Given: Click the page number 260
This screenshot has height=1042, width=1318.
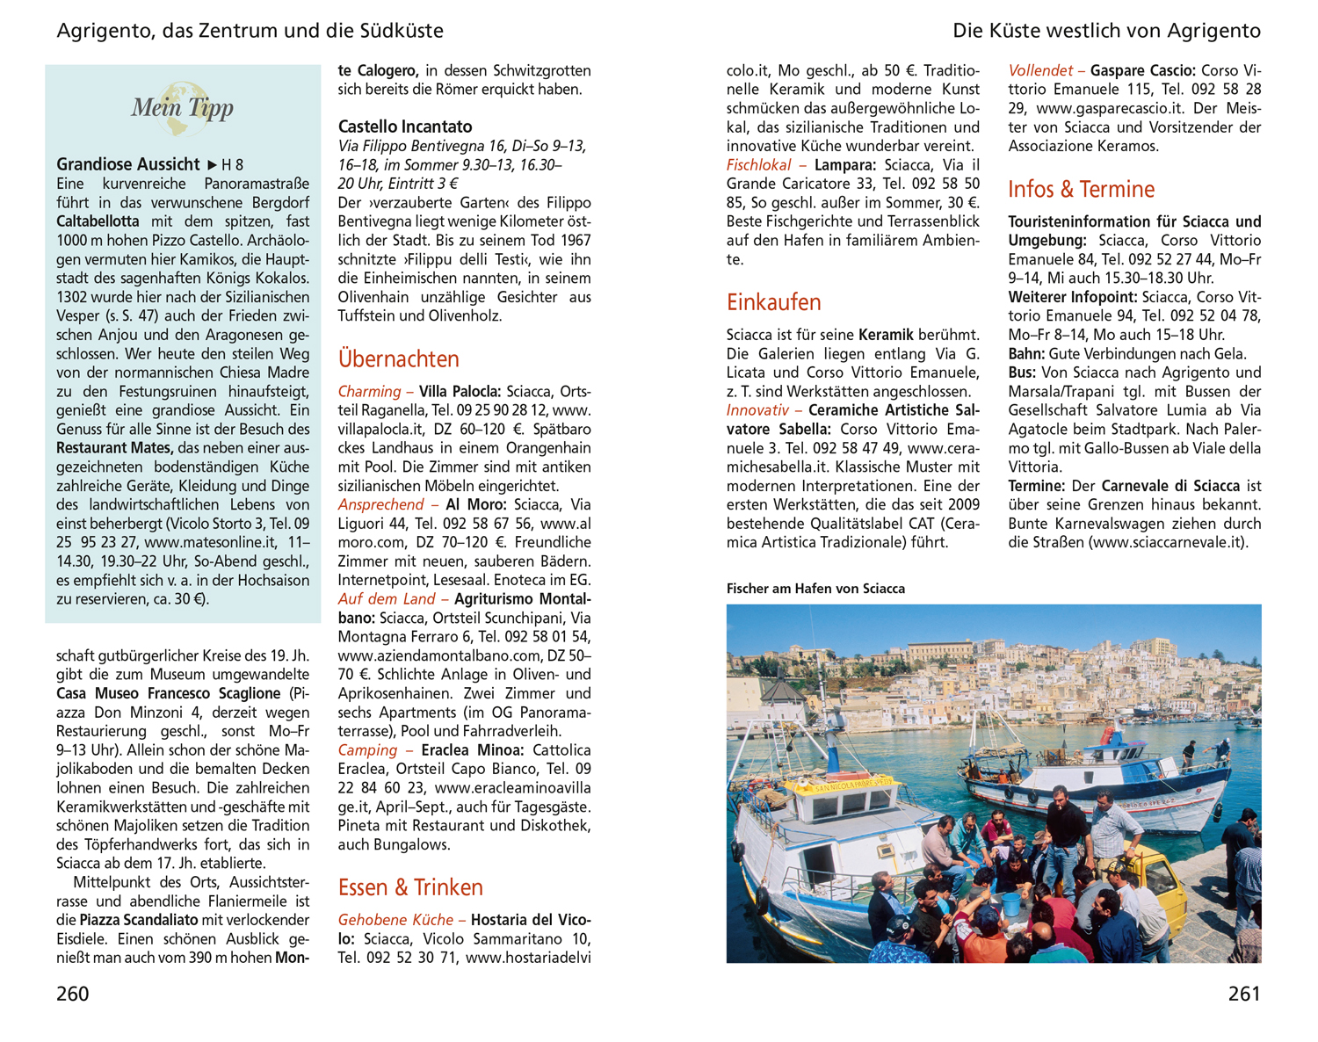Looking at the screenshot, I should pos(73,994).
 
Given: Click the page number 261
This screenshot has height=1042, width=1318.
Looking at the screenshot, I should pos(1244,994).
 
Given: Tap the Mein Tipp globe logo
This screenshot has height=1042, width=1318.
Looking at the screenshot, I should pos(182,108).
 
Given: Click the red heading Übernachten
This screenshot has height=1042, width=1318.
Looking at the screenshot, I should pos(398,358).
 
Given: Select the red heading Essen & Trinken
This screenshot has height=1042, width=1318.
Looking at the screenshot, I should pos(410,887).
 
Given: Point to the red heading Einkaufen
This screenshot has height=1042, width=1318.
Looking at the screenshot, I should pos(773,302).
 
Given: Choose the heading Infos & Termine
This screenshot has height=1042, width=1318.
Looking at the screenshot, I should pos(1081,189).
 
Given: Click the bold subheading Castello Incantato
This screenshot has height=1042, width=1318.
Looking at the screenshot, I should pos(405,127).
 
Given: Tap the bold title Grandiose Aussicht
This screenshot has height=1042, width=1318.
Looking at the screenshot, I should pos(128,164).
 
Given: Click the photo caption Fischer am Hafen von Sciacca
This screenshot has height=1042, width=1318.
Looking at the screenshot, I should pos(815,589).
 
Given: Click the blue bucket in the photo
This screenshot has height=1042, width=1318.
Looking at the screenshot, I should pos(1010,903).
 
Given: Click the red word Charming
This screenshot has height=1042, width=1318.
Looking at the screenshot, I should pos(369,391).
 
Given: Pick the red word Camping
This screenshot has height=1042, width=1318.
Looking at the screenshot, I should pos(367,750).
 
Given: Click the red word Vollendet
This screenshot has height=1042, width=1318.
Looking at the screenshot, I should pos(1040,70).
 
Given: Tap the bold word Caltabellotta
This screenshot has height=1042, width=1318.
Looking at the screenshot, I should pos(98,221).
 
